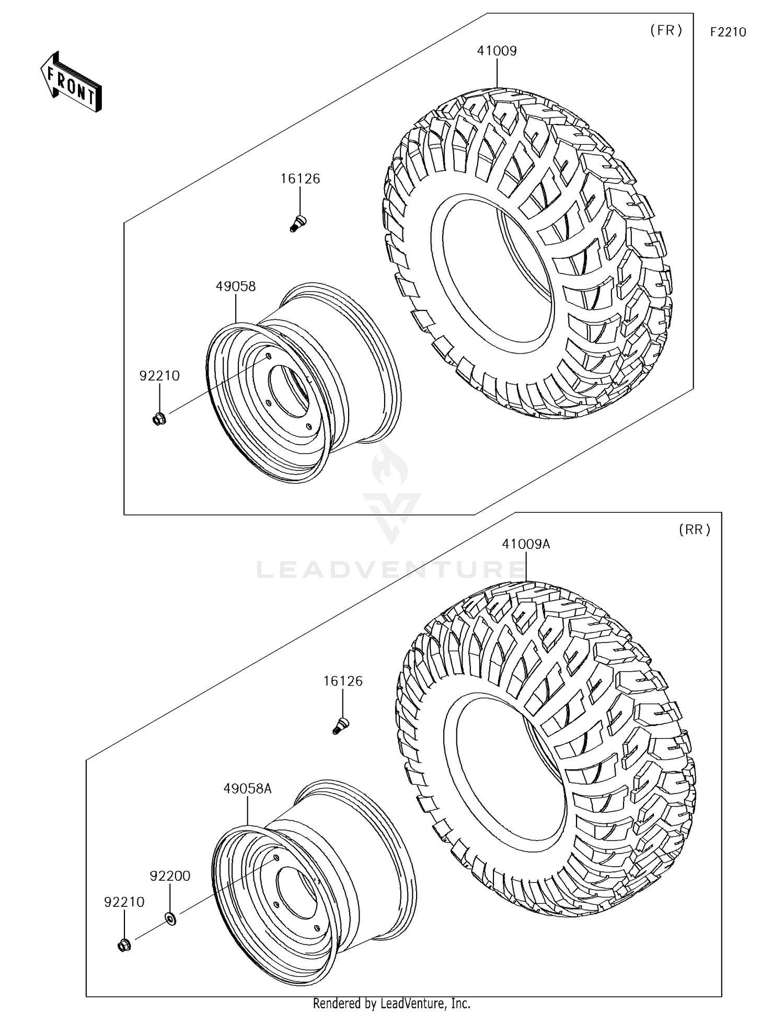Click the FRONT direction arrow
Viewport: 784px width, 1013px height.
(x=71, y=82)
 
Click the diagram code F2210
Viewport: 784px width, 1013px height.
(x=728, y=32)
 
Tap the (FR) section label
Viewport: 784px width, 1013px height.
(x=666, y=31)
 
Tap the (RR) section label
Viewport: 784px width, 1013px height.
(x=695, y=530)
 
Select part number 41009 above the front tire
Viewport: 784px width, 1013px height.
(x=497, y=51)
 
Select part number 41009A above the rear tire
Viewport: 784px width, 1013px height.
(x=526, y=544)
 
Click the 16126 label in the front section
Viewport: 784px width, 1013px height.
(x=300, y=179)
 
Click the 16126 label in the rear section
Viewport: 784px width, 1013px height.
(x=343, y=681)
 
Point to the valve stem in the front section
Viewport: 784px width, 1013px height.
(x=298, y=223)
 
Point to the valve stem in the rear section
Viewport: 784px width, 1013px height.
(x=341, y=726)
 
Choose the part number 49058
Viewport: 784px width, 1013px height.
(x=236, y=286)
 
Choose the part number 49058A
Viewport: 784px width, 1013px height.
(x=247, y=789)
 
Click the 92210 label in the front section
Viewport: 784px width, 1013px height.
(x=159, y=376)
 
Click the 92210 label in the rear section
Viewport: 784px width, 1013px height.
(x=124, y=902)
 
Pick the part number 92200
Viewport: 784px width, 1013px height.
(x=170, y=876)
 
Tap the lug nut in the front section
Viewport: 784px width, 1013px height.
(x=159, y=419)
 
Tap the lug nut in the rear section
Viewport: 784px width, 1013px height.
(x=124, y=945)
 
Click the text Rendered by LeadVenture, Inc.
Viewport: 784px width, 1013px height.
(x=391, y=1003)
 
